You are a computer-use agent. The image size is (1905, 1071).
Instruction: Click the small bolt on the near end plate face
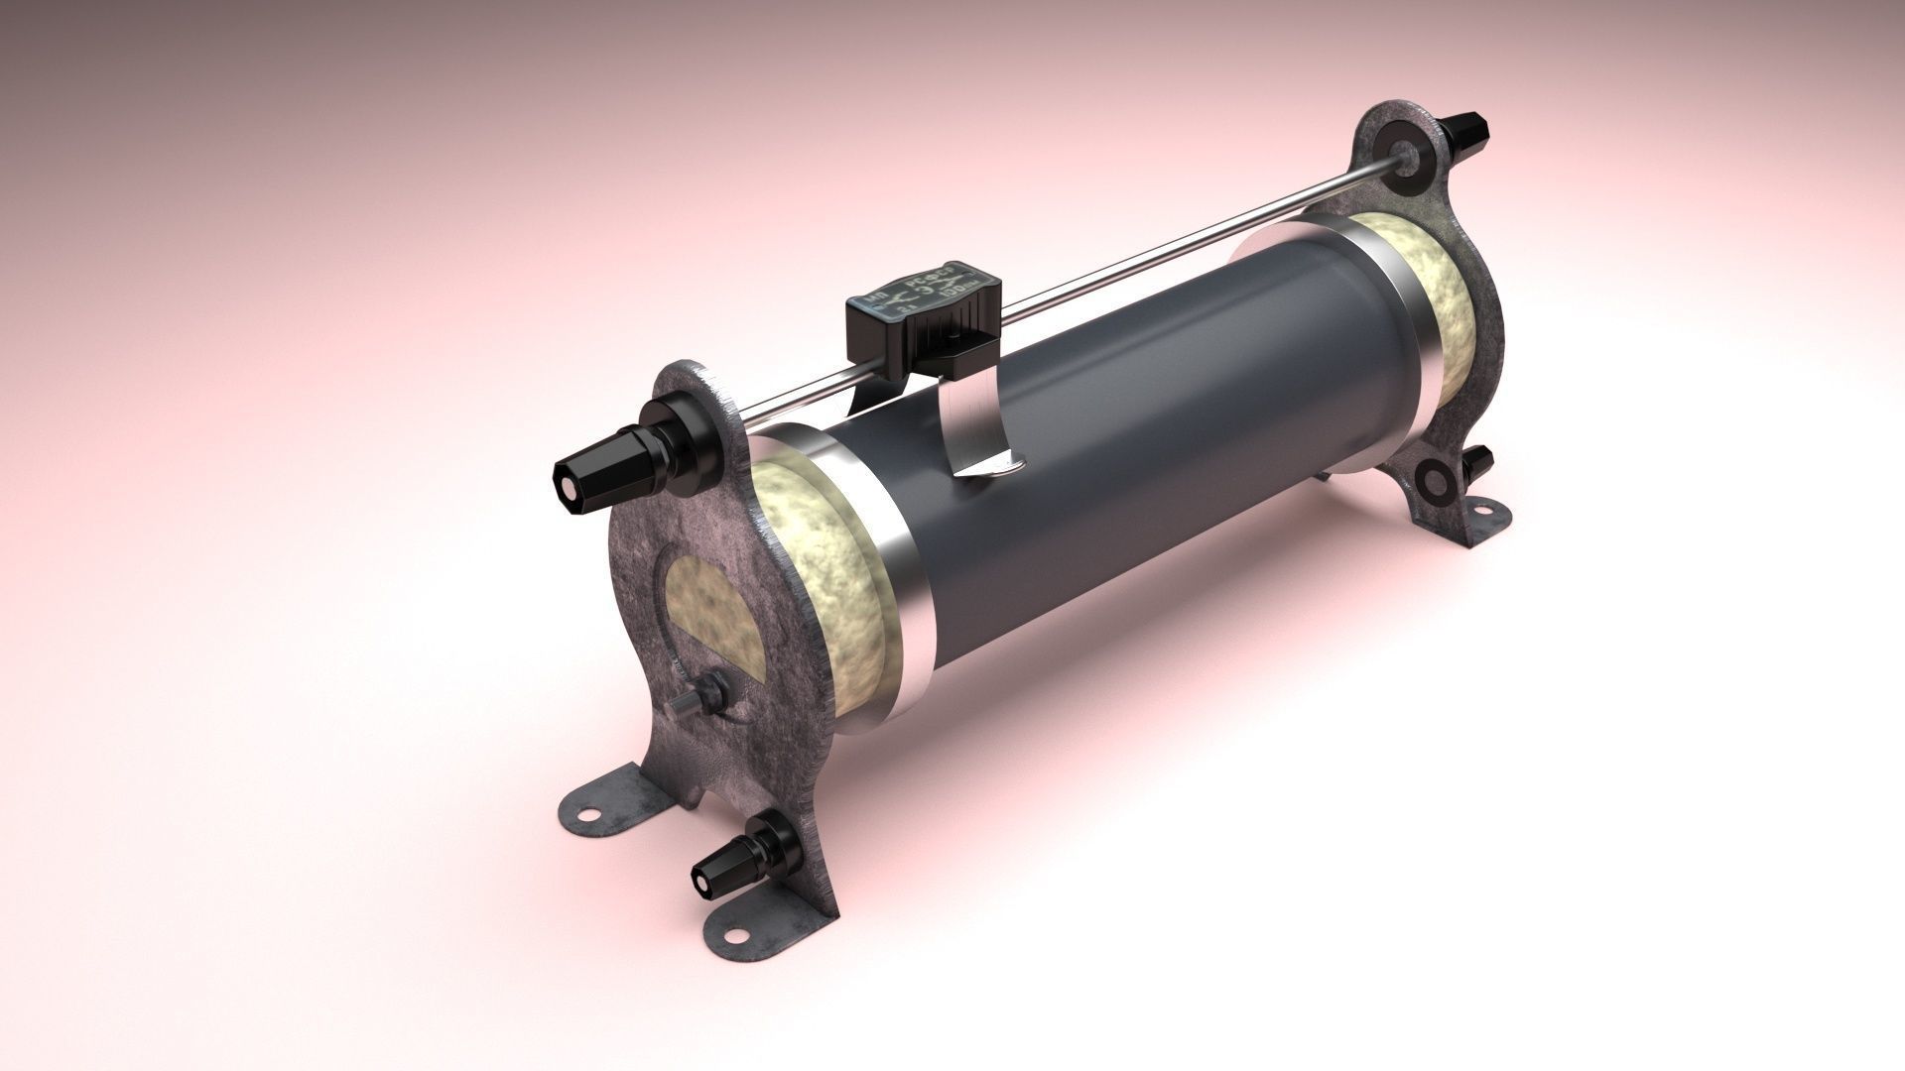pos(712,686)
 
